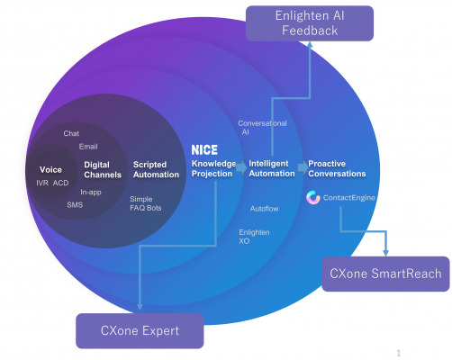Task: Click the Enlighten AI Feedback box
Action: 310,23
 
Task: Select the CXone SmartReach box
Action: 385,274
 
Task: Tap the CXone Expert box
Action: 140,331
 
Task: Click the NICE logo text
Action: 204,149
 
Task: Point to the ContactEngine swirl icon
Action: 313,198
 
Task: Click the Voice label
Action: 50,170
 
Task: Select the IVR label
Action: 42,183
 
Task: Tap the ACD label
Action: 60,183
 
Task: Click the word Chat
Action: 71,133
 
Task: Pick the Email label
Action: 88,147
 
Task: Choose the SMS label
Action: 75,205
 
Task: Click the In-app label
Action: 91,193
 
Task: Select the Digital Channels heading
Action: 103,170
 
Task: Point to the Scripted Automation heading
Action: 156,169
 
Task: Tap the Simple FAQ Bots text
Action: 146,203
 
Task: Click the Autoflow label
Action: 264,209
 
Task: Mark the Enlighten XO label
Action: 254,237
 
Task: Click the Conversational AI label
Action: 262,128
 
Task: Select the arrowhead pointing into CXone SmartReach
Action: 386,253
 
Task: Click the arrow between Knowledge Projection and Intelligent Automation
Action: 241,168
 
